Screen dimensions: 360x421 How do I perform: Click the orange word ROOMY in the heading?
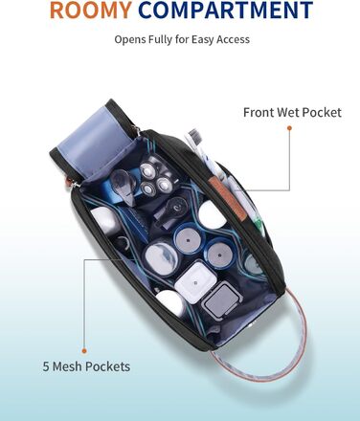click(91, 10)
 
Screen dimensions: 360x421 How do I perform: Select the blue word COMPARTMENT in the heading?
click(226, 10)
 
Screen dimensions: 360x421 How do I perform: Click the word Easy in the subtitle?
click(203, 40)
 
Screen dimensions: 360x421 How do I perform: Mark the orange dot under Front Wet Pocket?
click(289, 128)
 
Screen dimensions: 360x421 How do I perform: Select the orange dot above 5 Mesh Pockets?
click(84, 351)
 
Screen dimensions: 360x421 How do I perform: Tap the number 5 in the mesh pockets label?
click(46, 366)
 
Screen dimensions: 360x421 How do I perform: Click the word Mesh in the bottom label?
click(68, 366)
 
